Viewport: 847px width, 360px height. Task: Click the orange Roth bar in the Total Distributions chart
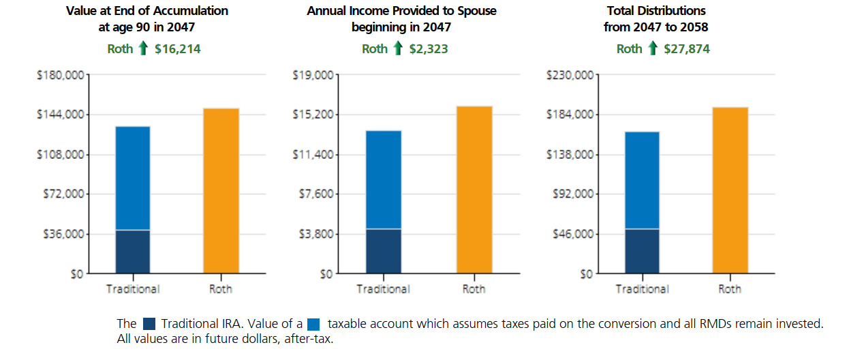point(730,190)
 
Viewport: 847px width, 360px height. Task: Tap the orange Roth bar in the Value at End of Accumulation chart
point(221,191)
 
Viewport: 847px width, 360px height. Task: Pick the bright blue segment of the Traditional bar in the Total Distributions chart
point(642,180)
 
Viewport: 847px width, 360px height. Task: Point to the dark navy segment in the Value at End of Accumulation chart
point(132,252)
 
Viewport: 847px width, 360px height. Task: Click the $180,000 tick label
point(60,74)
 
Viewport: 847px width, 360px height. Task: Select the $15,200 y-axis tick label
point(313,114)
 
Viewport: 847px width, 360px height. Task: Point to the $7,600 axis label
point(316,194)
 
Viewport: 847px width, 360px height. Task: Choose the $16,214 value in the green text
point(177,48)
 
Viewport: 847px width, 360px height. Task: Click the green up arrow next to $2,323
point(398,48)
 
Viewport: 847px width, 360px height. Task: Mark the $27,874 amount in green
point(687,48)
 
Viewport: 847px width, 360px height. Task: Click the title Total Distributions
point(656,11)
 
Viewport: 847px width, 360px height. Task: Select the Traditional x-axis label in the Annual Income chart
point(383,289)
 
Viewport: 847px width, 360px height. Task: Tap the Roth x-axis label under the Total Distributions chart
point(730,289)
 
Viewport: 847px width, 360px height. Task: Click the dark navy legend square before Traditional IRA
point(150,325)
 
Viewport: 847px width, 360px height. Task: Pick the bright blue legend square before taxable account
point(313,325)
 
